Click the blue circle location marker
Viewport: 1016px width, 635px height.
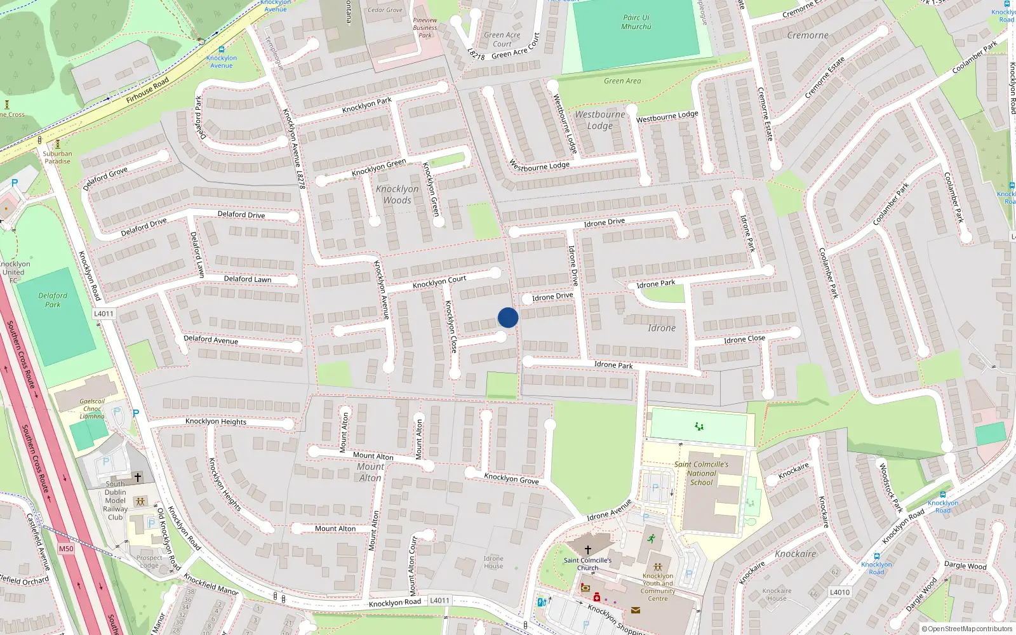click(x=508, y=317)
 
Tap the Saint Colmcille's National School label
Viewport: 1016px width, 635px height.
click(x=701, y=473)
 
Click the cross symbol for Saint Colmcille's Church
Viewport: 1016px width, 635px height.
click(x=588, y=549)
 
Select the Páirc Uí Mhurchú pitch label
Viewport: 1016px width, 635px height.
click(x=636, y=22)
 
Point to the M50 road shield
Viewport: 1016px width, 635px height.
click(x=66, y=549)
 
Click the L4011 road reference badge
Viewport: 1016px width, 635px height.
click(x=104, y=314)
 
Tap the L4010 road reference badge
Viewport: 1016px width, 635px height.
click(x=839, y=592)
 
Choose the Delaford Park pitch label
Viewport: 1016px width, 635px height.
click(x=53, y=300)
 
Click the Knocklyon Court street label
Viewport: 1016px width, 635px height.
click(x=439, y=281)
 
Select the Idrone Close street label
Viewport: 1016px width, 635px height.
click(x=744, y=339)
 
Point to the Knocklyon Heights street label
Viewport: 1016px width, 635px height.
click(x=216, y=421)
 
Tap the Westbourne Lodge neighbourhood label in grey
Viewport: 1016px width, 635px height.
click(x=599, y=120)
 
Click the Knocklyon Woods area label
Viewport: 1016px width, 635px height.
click(x=397, y=194)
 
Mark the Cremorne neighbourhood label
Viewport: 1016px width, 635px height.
click(x=808, y=36)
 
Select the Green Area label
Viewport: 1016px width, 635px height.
click(x=622, y=81)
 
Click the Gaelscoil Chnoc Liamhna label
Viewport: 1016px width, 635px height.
click(x=92, y=409)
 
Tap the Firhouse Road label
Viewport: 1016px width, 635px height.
click(x=147, y=90)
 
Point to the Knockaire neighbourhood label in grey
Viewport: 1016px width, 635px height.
click(x=795, y=554)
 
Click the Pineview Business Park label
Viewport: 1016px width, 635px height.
click(x=425, y=28)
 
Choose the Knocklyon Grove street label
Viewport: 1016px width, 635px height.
click(x=511, y=478)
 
